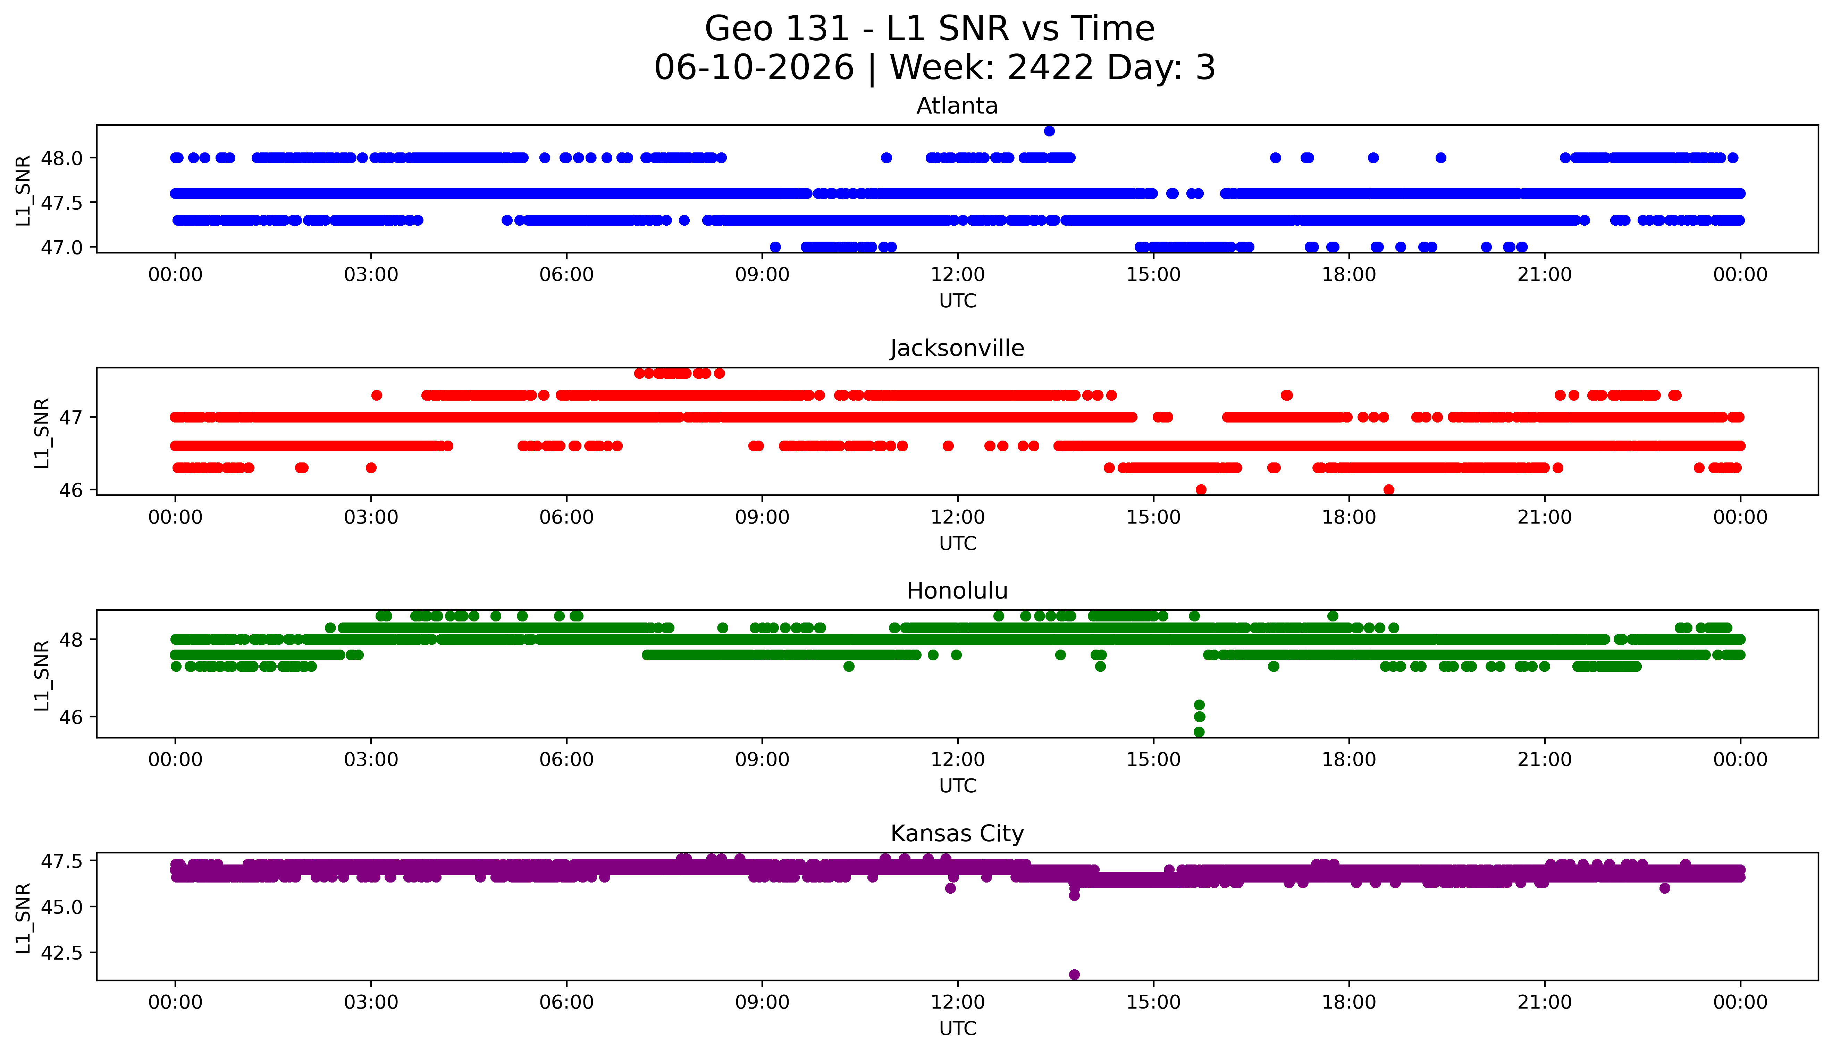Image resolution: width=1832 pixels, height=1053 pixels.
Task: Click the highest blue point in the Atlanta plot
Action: (1049, 131)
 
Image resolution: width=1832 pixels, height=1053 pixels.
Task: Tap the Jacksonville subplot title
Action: (957, 349)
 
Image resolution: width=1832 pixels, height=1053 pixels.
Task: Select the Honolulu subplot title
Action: (957, 591)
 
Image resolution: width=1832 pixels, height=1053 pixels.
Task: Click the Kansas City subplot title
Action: (957, 834)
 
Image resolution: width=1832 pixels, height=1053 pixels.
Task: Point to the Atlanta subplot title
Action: (957, 106)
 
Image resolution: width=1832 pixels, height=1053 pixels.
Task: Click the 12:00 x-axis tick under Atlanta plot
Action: (958, 275)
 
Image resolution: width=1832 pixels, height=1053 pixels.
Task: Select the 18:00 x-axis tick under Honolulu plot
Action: (1349, 759)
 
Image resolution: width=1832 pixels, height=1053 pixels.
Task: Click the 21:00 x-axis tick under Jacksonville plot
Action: (1545, 517)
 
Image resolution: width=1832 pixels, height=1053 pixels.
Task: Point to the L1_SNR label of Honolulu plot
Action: (42, 675)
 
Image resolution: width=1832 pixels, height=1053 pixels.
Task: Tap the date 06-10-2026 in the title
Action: (754, 68)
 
